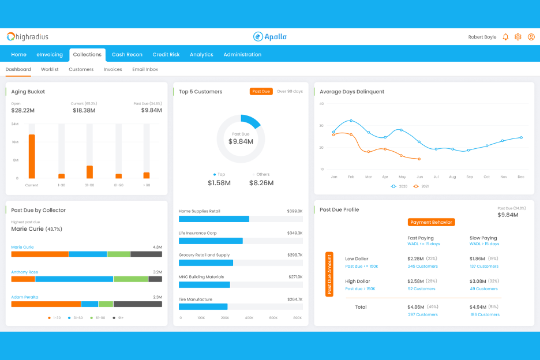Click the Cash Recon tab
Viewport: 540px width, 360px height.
point(127,55)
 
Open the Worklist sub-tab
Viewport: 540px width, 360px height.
point(50,69)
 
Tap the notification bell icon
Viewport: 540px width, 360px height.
point(505,37)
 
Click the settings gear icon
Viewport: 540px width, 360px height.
point(518,37)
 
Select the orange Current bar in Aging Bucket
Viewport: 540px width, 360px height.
point(32,156)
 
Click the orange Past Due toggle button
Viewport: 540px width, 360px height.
point(261,91)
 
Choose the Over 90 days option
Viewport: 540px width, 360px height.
point(290,91)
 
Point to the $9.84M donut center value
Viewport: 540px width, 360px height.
point(241,141)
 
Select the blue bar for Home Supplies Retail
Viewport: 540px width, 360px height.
point(213,219)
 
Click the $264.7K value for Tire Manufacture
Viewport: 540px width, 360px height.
point(294,299)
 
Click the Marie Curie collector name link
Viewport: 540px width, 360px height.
point(22,247)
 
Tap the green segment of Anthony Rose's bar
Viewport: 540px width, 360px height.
point(130,279)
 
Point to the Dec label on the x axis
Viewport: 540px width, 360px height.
point(521,177)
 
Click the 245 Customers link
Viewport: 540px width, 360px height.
point(422,267)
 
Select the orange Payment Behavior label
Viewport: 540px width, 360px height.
point(431,222)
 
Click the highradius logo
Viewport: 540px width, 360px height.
point(28,37)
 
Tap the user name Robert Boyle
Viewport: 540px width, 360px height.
point(482,37)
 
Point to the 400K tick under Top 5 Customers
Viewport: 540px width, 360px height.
point(249,318)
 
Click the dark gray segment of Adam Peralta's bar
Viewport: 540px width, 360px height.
point(137,304)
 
